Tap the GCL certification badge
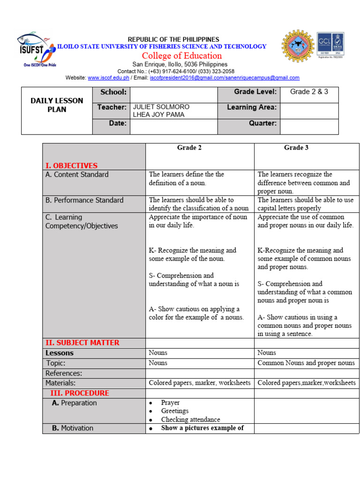(x=330, y=45)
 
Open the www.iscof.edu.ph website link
(x=108, y=78)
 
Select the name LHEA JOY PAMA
(x=159, y=115)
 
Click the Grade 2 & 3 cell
(x=309, y=92)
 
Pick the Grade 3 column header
(x=296, y=148)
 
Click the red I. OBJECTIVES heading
(x=71, y=165)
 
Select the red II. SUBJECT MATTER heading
(x=82, y=343)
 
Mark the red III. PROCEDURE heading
(x=79, y=393)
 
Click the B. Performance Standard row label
(x=84, y=200)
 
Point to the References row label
(x=64, y=373)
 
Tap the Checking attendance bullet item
(x=190, y=420)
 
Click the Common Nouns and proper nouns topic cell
(x=306, y=363)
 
